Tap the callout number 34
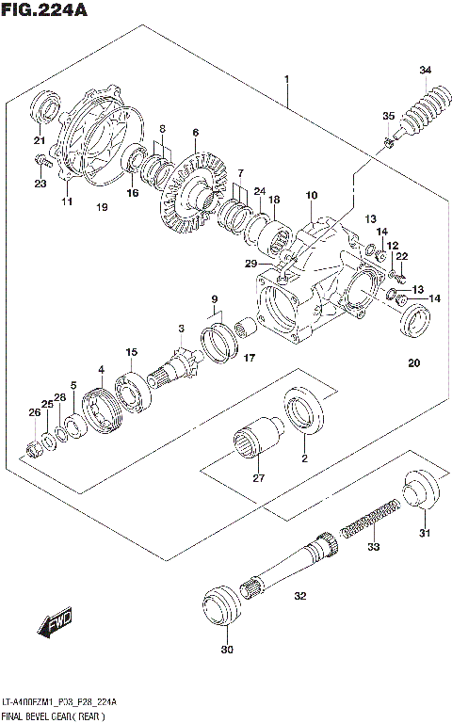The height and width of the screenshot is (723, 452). pyautogui.click(x=426, y=72)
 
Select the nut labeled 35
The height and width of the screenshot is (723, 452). pyautogui.click(x=388, y=143)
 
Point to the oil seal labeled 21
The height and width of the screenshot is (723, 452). pyautogui.click(x=45, y=109)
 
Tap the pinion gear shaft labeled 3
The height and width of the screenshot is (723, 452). pyautogui.click(x=179, y=361)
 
